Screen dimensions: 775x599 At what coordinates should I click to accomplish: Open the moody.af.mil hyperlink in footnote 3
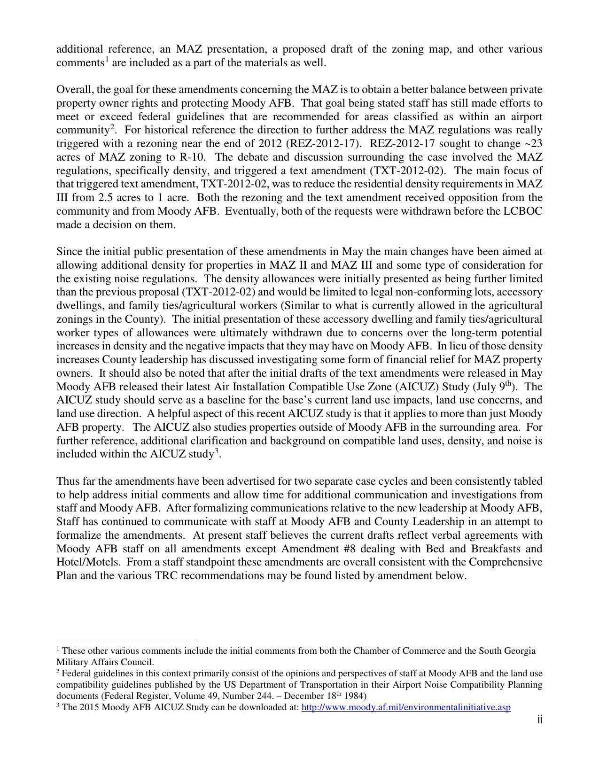tap(405, 707)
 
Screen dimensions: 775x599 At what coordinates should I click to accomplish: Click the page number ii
tap(540, 720)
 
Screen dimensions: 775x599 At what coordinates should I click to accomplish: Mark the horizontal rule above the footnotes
tap(126, 640)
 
